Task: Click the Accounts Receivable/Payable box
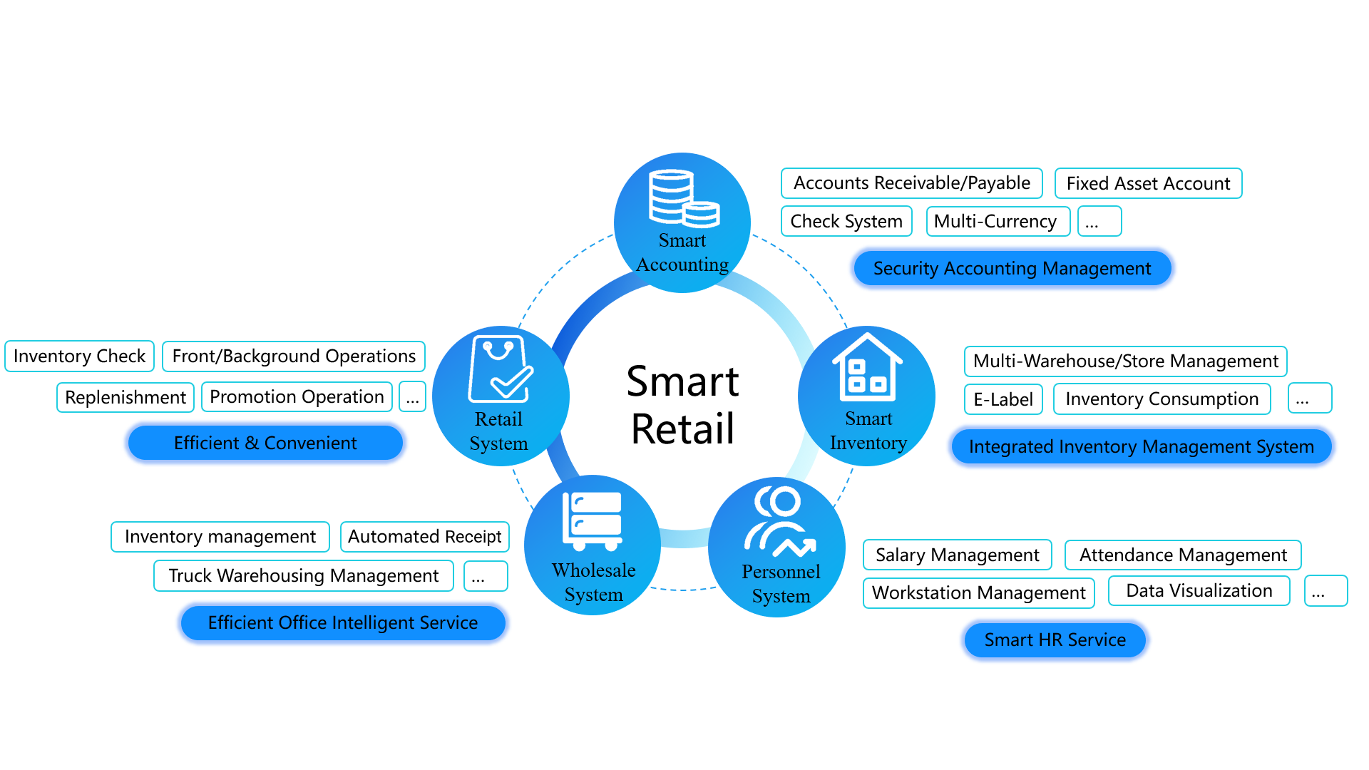(911, 183)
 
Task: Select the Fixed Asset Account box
(1148, 183)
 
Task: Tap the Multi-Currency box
(997, 221)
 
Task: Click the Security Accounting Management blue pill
(1012, 268)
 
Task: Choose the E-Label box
(1003, 399)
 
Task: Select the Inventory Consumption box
(1162, 399)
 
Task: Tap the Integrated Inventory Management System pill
(1141, 446)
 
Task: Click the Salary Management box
(957, 555)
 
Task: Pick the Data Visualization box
(1199, 591)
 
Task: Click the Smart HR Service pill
(1055, 640)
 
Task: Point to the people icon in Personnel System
(779, 521)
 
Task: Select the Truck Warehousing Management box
(303, 575)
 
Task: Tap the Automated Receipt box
(424, 537)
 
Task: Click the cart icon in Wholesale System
(592, 521)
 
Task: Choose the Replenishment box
(125, 397)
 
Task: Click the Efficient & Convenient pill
(265, 443)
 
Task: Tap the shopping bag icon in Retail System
(500, 369)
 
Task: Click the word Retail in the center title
(682, 428)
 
